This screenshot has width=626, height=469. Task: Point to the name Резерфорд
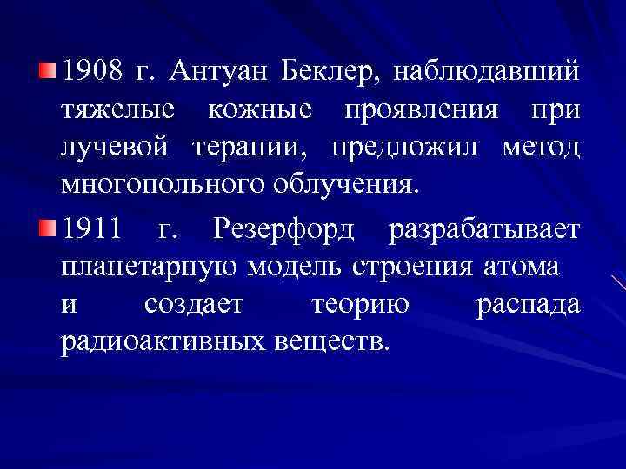[x=286, y=231]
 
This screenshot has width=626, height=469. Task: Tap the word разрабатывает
[x=483, y=231]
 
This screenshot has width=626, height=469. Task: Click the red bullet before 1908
[x=50, y=70]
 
